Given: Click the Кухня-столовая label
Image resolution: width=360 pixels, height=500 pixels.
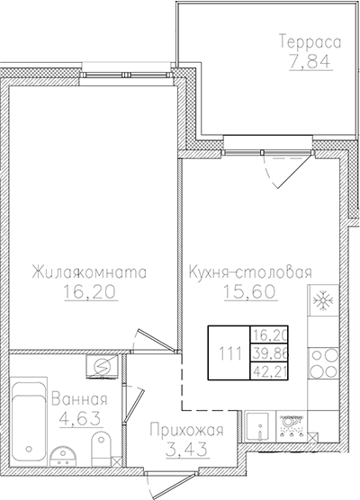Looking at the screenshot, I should [250, 272].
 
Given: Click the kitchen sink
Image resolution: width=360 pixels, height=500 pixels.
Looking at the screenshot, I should [259, 425].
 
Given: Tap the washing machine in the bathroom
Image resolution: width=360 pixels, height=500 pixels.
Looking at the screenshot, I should [102, 366].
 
